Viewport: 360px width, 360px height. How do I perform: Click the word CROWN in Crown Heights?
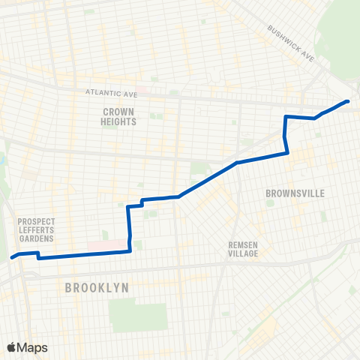click(x=118, y=111)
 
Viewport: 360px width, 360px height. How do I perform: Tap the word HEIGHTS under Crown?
click(x=118, y=121)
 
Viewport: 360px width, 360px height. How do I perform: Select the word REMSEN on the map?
click(x=244, y=245)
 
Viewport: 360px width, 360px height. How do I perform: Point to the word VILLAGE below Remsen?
click(x=244, y=253)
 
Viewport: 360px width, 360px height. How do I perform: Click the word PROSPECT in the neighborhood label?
click(x=34, y=221)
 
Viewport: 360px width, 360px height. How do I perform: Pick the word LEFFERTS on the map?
click(x=34, y=230)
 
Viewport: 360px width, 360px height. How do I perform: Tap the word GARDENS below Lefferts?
click(x=34, y=239)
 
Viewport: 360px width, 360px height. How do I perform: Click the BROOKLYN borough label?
click(x=97, y=287)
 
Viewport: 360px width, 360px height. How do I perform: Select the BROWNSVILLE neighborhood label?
click(x=295, y=193)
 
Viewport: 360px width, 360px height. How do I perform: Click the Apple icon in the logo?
click(x=12, y=347)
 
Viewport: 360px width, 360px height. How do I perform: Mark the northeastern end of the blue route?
click(x=348, y=101)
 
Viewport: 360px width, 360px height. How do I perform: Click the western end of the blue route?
click(x=12, y=257)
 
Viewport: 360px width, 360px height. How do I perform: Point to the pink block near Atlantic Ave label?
click(x=142, y=93)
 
